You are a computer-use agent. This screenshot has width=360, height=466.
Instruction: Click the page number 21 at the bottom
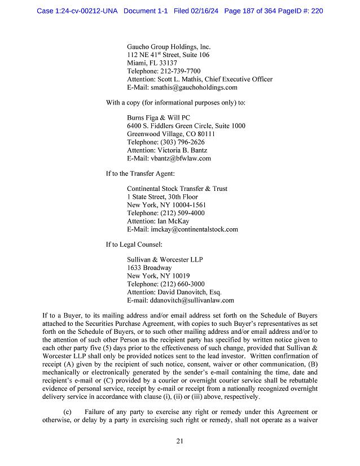(179, 441)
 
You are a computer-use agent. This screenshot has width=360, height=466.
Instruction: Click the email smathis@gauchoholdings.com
(194, 88)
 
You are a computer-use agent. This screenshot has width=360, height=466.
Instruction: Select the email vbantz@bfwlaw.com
(181, 159)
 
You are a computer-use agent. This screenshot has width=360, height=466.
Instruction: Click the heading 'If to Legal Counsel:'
(134, 245)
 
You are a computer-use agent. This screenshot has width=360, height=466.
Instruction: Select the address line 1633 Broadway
(149, 268)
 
